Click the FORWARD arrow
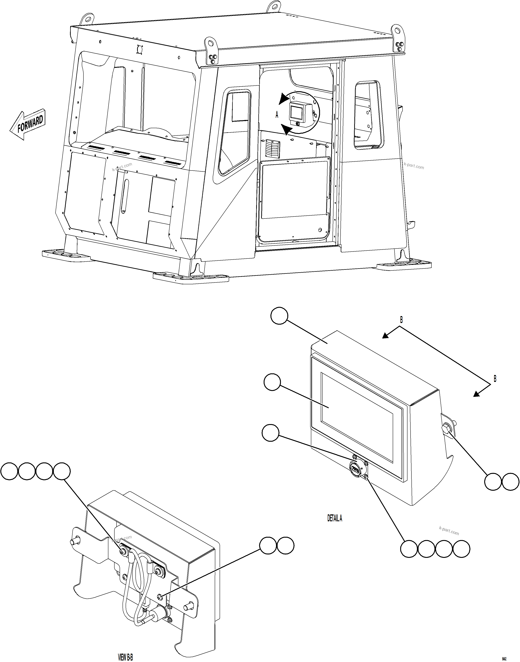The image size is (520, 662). click(x=27, y=125)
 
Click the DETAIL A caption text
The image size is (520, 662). click(x=335, y=518)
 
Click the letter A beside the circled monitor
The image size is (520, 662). click(x=277, y=115)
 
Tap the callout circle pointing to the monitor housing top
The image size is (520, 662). click(x=279, y=315)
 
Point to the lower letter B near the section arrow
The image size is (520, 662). click(x=495, y=379)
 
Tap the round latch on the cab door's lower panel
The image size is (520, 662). click(x=320, y=230)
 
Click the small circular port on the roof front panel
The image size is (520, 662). click(x=140, y=49)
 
